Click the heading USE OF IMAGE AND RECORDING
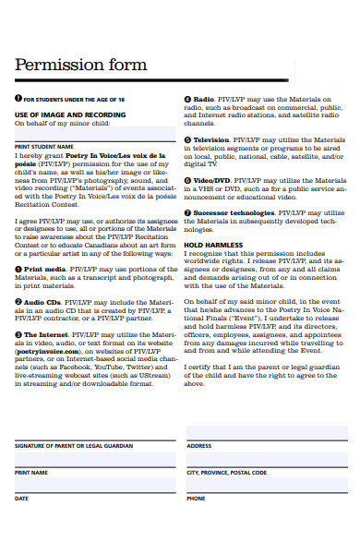tap(69, 114)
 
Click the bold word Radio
tap(203, 98)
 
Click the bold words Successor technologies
tap(232, 212)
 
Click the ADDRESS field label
tap(199, 444)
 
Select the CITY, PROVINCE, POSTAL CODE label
tap(226, 472)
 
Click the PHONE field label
tap(196, 499)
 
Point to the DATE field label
tap(21, 499)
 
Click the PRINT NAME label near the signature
tap(30, 472)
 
